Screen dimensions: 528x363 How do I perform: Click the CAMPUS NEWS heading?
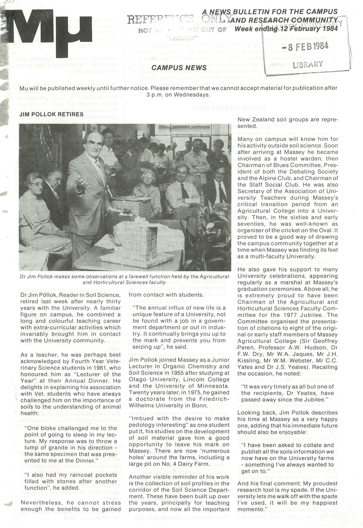pyautogui.click(x=179, y=68)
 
